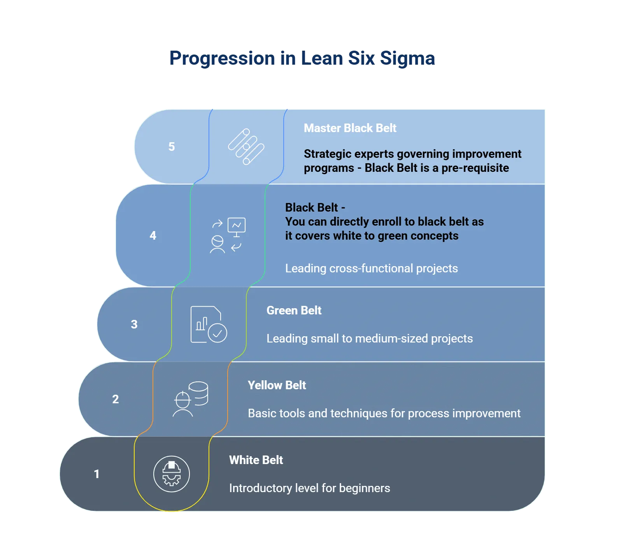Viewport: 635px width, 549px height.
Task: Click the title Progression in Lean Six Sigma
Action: click(x=302, y=58)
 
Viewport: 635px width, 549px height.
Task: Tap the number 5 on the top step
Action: click(x=172, y=147)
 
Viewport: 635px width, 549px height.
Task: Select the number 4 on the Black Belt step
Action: click(x=153, y=235)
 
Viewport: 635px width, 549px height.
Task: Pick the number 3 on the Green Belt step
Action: click(x=134, y=324)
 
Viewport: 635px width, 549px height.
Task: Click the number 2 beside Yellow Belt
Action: click(x=116, y=399)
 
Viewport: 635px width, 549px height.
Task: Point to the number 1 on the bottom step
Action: click(x=97, y=474)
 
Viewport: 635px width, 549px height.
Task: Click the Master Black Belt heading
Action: click(x=350, y=128)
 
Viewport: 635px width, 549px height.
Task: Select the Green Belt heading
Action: click(x=294, y=311)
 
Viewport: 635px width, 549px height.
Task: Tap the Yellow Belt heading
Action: click(x=277, y=385)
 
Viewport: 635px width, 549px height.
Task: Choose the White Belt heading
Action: click(x=256, y=460)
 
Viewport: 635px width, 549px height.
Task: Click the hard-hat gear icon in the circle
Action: click(x=172, y=474)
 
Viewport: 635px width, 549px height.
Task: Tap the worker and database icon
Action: click(x=190, y=399)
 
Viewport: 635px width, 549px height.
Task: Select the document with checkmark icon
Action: click(x=209, y=324)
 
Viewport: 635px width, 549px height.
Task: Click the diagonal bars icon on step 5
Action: click(x=246, y=147)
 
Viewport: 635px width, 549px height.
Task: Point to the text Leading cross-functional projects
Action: click(x=371, y=268)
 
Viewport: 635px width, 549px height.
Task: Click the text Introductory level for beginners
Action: click(x=309, y=488)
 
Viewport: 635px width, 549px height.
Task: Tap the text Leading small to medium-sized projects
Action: click(x=370, y=339)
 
